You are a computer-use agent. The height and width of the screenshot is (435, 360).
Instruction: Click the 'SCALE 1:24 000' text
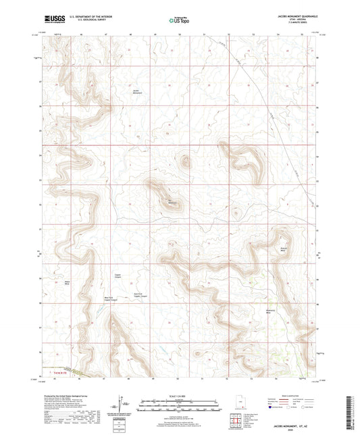(x=180, y=395)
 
